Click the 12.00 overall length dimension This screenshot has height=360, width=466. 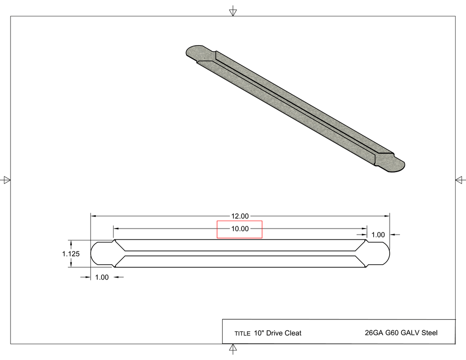[239, 216]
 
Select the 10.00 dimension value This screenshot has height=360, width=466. [239, 229]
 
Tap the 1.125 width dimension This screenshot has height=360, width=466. [71, 253]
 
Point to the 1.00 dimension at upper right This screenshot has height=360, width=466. [378, 235]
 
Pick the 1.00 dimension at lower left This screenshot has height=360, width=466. [102, 277]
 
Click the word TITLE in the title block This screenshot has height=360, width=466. [242, 334]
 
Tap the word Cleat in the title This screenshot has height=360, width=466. [293, 333]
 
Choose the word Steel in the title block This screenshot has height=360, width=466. [429, 333]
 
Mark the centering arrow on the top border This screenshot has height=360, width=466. [233, 11]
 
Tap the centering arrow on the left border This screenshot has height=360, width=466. [6, 180]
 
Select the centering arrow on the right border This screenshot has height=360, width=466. [460, 180]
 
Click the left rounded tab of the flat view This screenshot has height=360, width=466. [101, 253]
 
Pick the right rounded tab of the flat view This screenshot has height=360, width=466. [379, 253]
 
